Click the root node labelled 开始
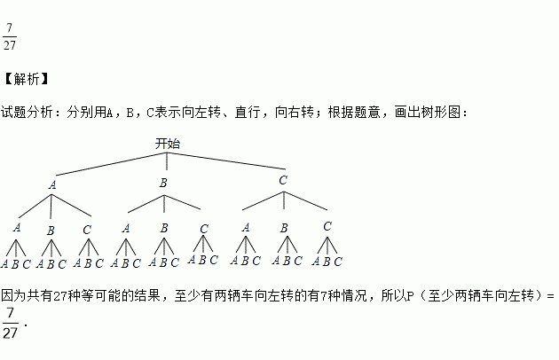[x=168, y=143]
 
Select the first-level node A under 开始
[x=52, y=185]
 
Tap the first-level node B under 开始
[x=163, y=183]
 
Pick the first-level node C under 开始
[x=283, y=180]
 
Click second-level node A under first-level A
[x=17, y=227]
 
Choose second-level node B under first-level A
[x=51, y=231]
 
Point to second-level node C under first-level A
[x=86, y=229]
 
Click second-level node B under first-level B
[x=164, y=228]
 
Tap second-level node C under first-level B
[x=204, y=230]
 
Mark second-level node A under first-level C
[x=246, y=227]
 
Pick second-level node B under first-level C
[x=284, y=228]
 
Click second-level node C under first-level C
[x=327, y=226]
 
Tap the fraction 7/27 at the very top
[x=11, y=35]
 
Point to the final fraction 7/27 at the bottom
[x=11, y=324]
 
